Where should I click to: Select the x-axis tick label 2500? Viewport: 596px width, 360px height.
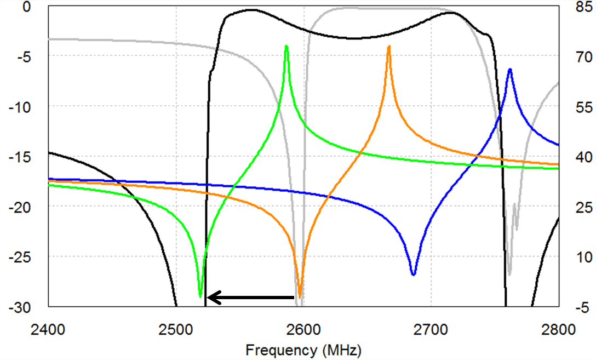(176, 330)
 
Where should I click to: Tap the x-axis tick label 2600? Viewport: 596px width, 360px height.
(303, 330)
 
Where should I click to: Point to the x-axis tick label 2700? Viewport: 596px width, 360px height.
(431, 330)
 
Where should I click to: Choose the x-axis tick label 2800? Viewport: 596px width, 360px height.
(559, 330)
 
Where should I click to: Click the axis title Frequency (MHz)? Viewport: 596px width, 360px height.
(303, 350)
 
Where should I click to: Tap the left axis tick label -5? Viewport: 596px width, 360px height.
(26, 56)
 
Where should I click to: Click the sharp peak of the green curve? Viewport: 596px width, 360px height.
(286, 47)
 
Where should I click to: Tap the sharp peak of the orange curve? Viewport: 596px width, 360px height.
(389, 47)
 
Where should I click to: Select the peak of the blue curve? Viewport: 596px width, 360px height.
(510, 70)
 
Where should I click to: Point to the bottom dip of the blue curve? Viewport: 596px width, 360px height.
(414, 274)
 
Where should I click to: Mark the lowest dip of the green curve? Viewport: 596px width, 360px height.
(200, 296)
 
